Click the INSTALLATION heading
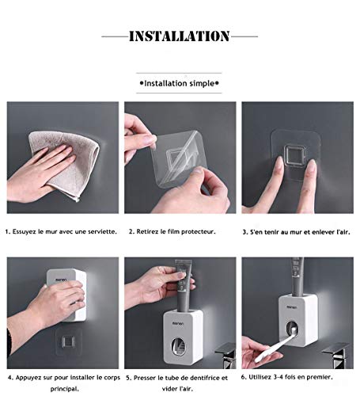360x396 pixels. pyautogui.click(x=179, y=36)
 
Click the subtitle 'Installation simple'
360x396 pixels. pyautogui.click(x=179, y=82)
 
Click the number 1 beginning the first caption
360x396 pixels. pyautogui.click(x=7, y=232)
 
